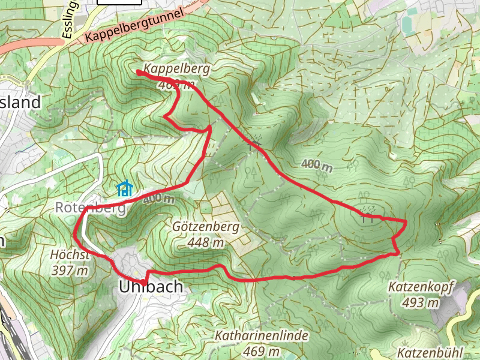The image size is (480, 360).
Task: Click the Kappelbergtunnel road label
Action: click(133, 28)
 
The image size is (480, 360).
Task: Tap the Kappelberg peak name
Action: click(176, 69)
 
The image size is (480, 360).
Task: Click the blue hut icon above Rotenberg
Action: click(124, 189)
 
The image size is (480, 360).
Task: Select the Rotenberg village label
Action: click(90, 208)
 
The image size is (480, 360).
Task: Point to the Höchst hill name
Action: click(71, 255)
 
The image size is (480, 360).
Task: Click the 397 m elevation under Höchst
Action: click(71, 271)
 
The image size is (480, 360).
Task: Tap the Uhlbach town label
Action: click(150, 287)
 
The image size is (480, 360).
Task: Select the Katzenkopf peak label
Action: click(422, 287)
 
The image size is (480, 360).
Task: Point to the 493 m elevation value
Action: click(422, 302)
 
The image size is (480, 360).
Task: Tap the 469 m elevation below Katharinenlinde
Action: click(262, 350)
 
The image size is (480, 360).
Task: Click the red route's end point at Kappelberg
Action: click(139, 73)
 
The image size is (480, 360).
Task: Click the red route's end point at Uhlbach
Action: click(145, 282)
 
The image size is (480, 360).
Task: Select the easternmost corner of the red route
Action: click(406, 222)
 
